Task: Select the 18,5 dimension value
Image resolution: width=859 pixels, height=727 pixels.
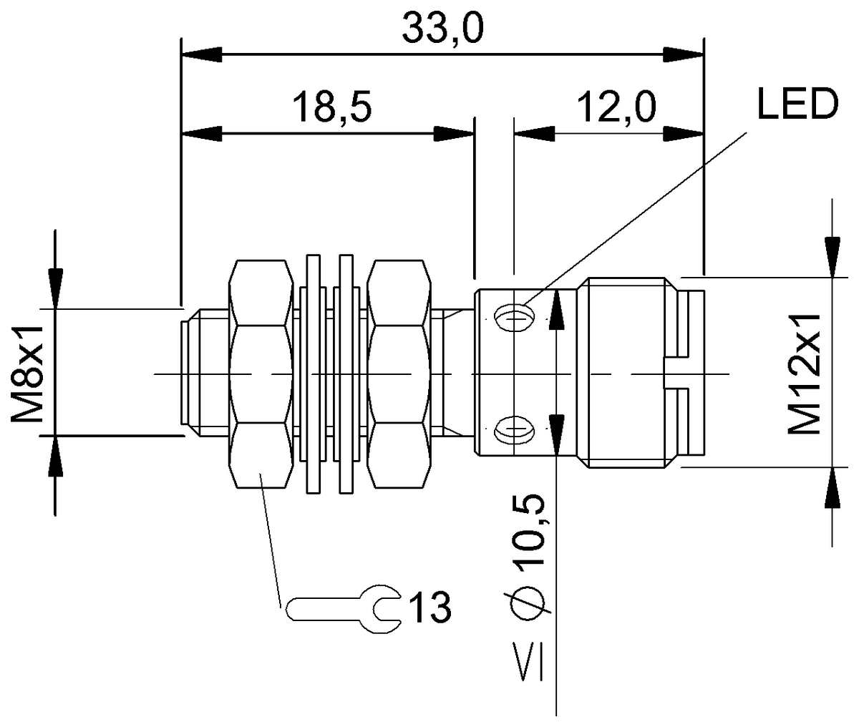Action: pyautogui.click(x=332, y=108)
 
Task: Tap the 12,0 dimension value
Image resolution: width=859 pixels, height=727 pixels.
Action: pyautogui.click(x=616, y=108)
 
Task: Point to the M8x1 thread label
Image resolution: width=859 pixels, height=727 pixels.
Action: pyautogui.click(x=27, y=374)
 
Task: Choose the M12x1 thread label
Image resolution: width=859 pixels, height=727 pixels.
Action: pyautogui.click(x=805, y=374)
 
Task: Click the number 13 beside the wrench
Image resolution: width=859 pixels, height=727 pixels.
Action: pyautogui.click(x=430, y=607)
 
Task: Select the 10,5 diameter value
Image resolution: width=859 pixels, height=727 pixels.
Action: pyautogui.click(x=528, y=531)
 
